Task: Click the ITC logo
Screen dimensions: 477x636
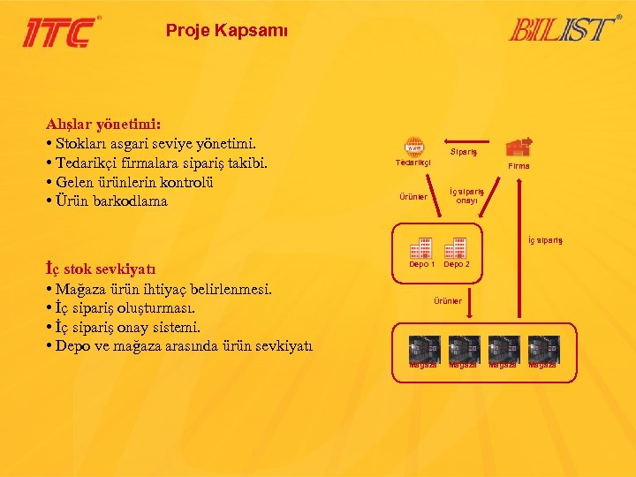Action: tap(60, 32)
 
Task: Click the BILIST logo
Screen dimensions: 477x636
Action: tap(562, 28)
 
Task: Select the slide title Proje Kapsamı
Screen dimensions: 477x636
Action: tap(226, 30)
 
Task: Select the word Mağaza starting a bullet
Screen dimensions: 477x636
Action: tap(84, 289)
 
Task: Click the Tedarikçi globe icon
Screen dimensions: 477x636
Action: tap(413, 148)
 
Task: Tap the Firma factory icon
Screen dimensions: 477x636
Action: tap(519, 147)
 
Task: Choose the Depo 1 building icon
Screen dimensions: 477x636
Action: tap(421, 247)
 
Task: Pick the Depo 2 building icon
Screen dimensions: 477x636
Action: tap(457, 247)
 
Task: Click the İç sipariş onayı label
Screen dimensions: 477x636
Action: tap(466, 196)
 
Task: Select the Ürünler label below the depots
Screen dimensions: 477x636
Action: tap(447, 301)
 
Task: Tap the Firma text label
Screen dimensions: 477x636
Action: tap(519, 166)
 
